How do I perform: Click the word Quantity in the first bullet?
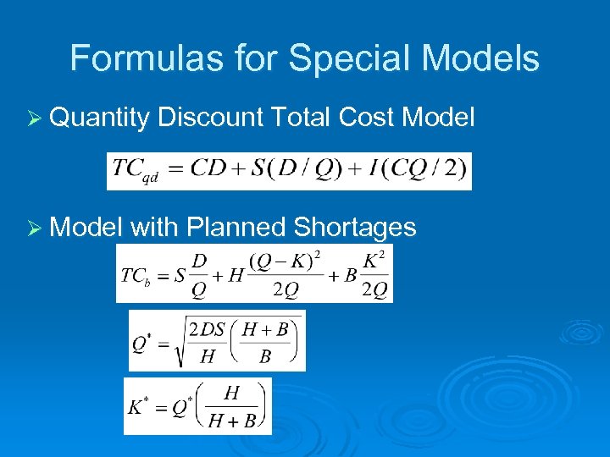coord(99,118)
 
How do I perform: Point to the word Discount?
coord(210,118)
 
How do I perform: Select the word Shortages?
coord(355,227)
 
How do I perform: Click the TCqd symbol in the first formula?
coord(136,170)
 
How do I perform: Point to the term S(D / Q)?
coord(292,169)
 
